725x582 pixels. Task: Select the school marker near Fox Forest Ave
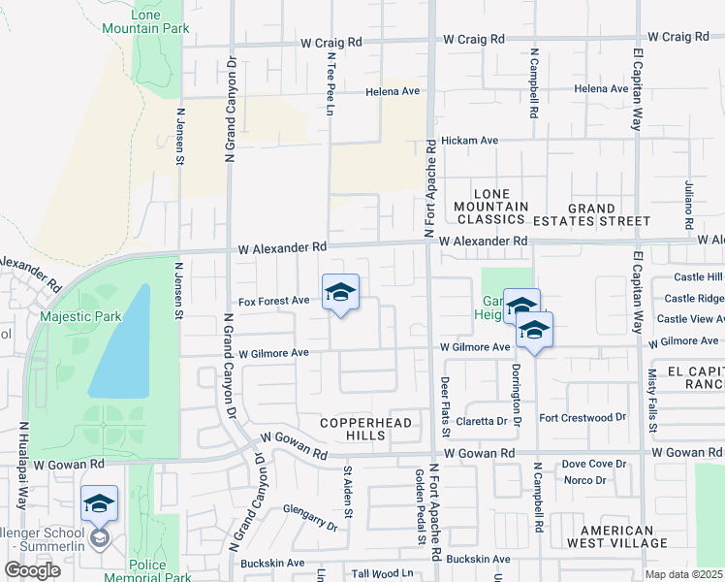pyautogui.click(x=340, y=293)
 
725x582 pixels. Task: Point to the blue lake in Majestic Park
pyautogui.click(x=122, y=344)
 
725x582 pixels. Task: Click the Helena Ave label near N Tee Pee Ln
pyautogui.click(x=393, y=92)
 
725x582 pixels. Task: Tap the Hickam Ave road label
pyautogui.click(x=469, y=141)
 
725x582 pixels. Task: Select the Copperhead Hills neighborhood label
pyautogui.click(x=367, y=429)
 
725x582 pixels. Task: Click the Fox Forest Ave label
pyautogui.click(x=273, y=302)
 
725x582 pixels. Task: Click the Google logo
pyautogui.click(x=33, y=571)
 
